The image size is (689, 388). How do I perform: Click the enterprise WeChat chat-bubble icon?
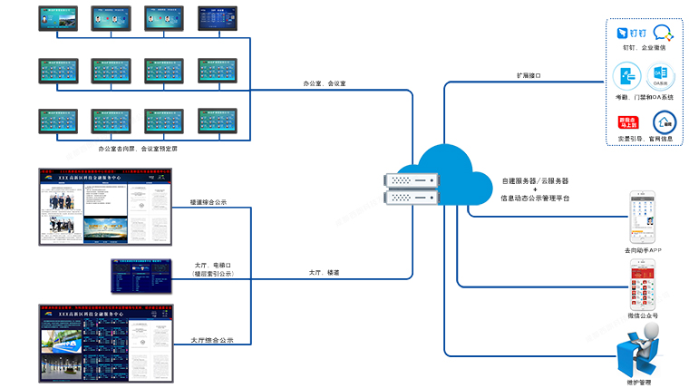coord(664,33)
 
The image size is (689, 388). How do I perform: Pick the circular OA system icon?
coord(662,75)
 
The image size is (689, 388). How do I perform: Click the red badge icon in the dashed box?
coord(627,121)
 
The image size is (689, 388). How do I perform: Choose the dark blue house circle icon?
coord(664,121)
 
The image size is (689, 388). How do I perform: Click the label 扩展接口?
coord(528,76)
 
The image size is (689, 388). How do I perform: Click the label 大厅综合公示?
coord(212,340)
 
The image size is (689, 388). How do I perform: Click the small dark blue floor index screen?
coord(141,275)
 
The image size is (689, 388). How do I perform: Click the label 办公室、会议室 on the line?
coord(324,83)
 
